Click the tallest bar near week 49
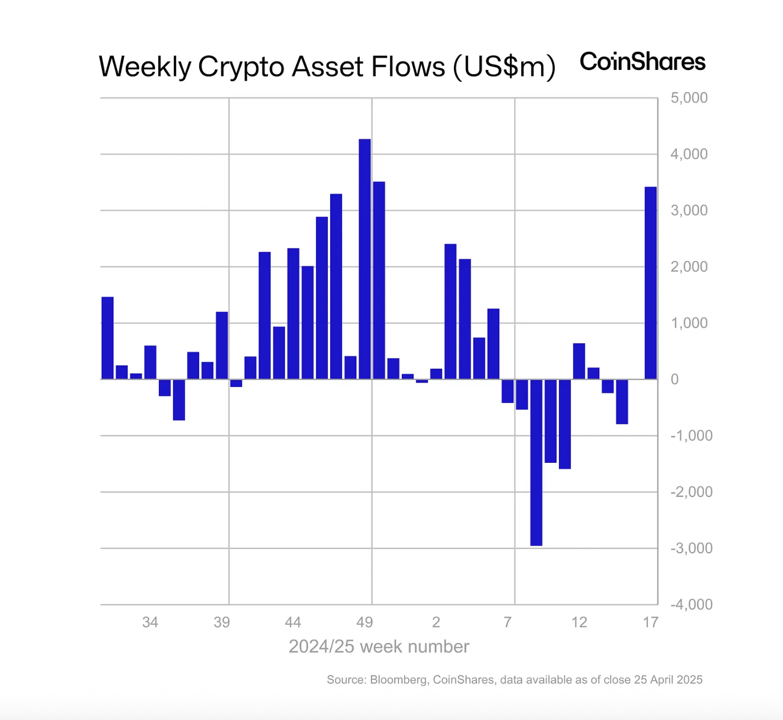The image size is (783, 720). click(x=365, y=259)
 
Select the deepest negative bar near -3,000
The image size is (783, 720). click(x=536, y=462)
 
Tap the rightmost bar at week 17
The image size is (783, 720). click(x=651, y=283)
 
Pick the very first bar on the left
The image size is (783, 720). click(x=108, y=338)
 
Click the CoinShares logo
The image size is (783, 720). click(x=642, y=62)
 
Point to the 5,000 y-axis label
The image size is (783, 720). click(x=689, y=98)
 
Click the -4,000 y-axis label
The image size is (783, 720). click(x=691, y=604)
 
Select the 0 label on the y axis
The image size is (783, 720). click(x=674, y=379)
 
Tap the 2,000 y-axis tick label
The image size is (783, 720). click(x=689, y=267)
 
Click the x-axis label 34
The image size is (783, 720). click(x=150, y=623)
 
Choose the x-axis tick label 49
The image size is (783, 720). click(x=365, y=623)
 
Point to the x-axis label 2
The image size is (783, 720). click(x=436, y=623)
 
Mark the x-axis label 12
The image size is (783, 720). click(x=579, y=623)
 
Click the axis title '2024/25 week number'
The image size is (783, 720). click(x=379, y=646)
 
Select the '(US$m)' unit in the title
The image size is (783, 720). click(x=504, y=67)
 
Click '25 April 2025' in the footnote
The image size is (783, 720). click(x=668, y=680)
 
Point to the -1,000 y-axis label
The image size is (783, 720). click(x=691, y=436)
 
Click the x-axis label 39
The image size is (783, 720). click(x=222, y=623)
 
